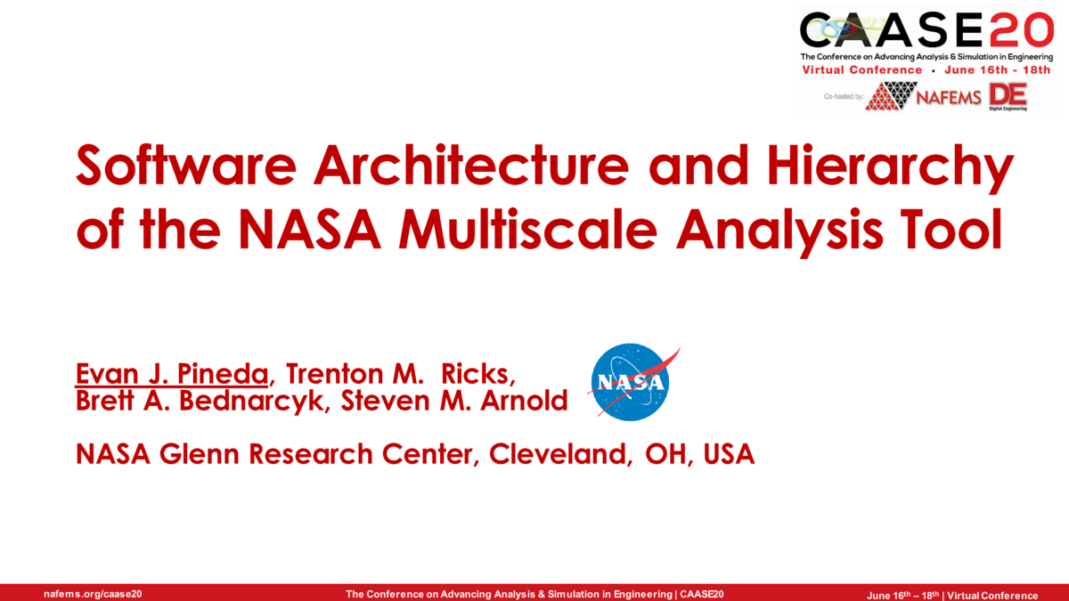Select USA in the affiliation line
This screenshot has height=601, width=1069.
tap(729, 454)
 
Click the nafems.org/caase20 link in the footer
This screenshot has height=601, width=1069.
tap(93, 594)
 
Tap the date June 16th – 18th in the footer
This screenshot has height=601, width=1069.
tap(902, 595)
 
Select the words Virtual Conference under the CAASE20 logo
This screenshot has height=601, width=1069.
tap(861, 69)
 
